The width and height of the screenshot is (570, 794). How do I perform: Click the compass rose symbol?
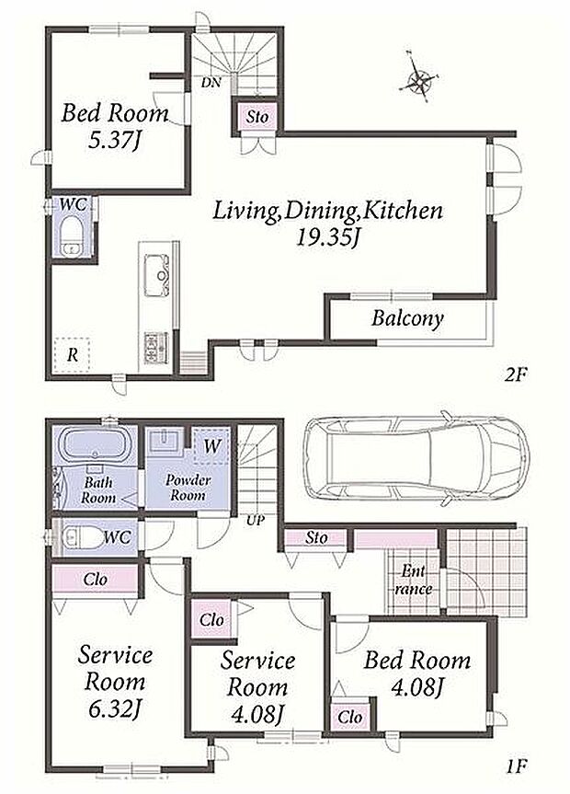point(419,79)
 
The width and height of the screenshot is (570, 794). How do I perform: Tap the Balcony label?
point(407,318)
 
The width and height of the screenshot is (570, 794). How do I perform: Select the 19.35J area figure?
point(327,237)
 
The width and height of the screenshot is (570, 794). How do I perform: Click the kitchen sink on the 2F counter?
point(156,274)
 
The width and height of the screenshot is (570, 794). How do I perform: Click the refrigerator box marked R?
point(72,354)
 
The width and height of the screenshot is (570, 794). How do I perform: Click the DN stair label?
point(211,83)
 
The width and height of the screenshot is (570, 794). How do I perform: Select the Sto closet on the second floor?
point(257,117)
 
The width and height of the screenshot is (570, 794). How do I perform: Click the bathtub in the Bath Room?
point(96,445)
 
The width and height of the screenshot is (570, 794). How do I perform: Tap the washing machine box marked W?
point(212,446)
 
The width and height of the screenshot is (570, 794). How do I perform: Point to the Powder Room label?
point(188,487)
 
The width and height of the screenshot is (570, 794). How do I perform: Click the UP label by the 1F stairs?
point(256,520)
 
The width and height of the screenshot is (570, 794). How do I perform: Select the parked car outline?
point(416,459)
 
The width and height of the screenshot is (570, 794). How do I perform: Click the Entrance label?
point(414,580)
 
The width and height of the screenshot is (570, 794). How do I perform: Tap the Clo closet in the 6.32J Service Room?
point(96,580)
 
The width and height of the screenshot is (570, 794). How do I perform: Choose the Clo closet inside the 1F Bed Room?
point(349,717)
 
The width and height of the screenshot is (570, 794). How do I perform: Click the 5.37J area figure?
point(113,140)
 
